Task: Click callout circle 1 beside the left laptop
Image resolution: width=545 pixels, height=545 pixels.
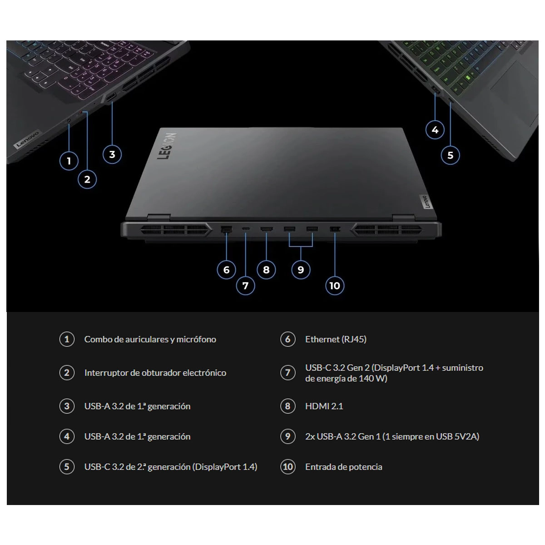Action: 69,161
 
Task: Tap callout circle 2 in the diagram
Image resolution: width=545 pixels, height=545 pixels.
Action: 87,179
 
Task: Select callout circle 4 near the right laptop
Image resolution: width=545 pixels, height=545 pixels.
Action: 435,130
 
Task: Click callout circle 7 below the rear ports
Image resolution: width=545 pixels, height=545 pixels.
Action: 245,286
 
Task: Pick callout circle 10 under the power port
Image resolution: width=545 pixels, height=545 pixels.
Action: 335,286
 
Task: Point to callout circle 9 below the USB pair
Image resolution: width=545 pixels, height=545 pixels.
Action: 301,270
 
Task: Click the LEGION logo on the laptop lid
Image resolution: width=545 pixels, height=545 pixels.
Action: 167,146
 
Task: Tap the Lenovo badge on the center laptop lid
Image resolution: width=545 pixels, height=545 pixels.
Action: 426,202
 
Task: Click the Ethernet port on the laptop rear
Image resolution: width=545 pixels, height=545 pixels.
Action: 226,229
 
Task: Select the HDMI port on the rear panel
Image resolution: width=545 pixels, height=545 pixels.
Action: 267,229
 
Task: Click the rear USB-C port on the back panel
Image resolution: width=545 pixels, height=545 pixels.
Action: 246,228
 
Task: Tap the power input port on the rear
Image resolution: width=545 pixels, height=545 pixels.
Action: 335,229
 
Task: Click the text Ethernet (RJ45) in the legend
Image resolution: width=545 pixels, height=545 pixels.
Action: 336,339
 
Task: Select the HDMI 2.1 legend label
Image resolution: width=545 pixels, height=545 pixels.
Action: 324,406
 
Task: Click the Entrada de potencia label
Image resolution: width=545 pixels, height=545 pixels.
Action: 344,467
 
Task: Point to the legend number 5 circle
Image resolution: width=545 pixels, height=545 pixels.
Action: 67,467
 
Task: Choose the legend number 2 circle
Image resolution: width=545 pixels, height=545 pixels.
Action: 67,373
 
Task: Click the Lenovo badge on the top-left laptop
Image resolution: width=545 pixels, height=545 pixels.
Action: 28,139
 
